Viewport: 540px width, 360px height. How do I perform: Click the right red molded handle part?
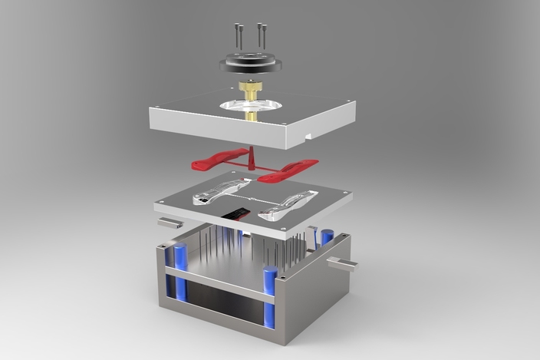288,170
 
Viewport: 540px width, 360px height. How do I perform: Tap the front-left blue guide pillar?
182,272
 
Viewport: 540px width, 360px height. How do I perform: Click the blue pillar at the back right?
328,237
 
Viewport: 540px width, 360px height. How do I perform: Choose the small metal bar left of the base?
170,223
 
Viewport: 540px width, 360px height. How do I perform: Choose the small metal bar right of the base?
342,266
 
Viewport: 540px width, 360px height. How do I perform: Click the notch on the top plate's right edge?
309,138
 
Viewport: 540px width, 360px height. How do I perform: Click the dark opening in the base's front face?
222,304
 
